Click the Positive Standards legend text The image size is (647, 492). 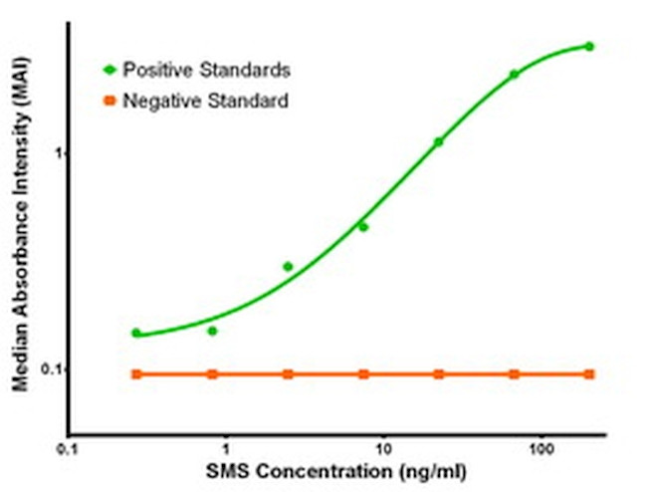206,70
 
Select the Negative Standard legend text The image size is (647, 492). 205,101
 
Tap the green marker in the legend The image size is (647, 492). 109,70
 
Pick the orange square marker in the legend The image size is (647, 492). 109,101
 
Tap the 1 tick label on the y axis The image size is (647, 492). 58,153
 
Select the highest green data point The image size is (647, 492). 589,46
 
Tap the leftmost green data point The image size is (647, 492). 136,333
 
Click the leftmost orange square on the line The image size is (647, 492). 136,374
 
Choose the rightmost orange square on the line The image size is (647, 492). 589,374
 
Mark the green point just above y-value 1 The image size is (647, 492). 438,142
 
